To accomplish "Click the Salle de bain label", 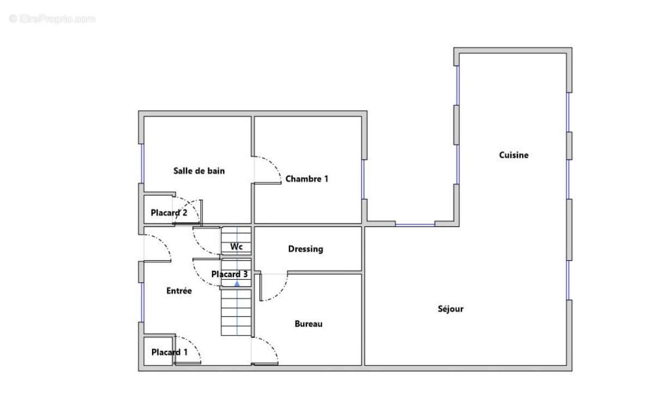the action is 199,171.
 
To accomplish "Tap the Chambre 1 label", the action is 307,179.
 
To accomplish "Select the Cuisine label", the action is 514,155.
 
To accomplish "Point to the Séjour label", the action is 450,309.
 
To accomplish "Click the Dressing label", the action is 305,249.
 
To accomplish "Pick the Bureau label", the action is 309,324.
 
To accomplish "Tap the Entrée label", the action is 179,291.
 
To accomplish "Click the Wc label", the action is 236,247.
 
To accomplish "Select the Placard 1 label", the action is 169,352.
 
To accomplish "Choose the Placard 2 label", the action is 168,213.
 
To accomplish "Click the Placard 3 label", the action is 229,274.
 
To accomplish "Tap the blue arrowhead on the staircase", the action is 237,284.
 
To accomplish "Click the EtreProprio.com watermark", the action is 52,19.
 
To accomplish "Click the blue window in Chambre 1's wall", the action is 363,179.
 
